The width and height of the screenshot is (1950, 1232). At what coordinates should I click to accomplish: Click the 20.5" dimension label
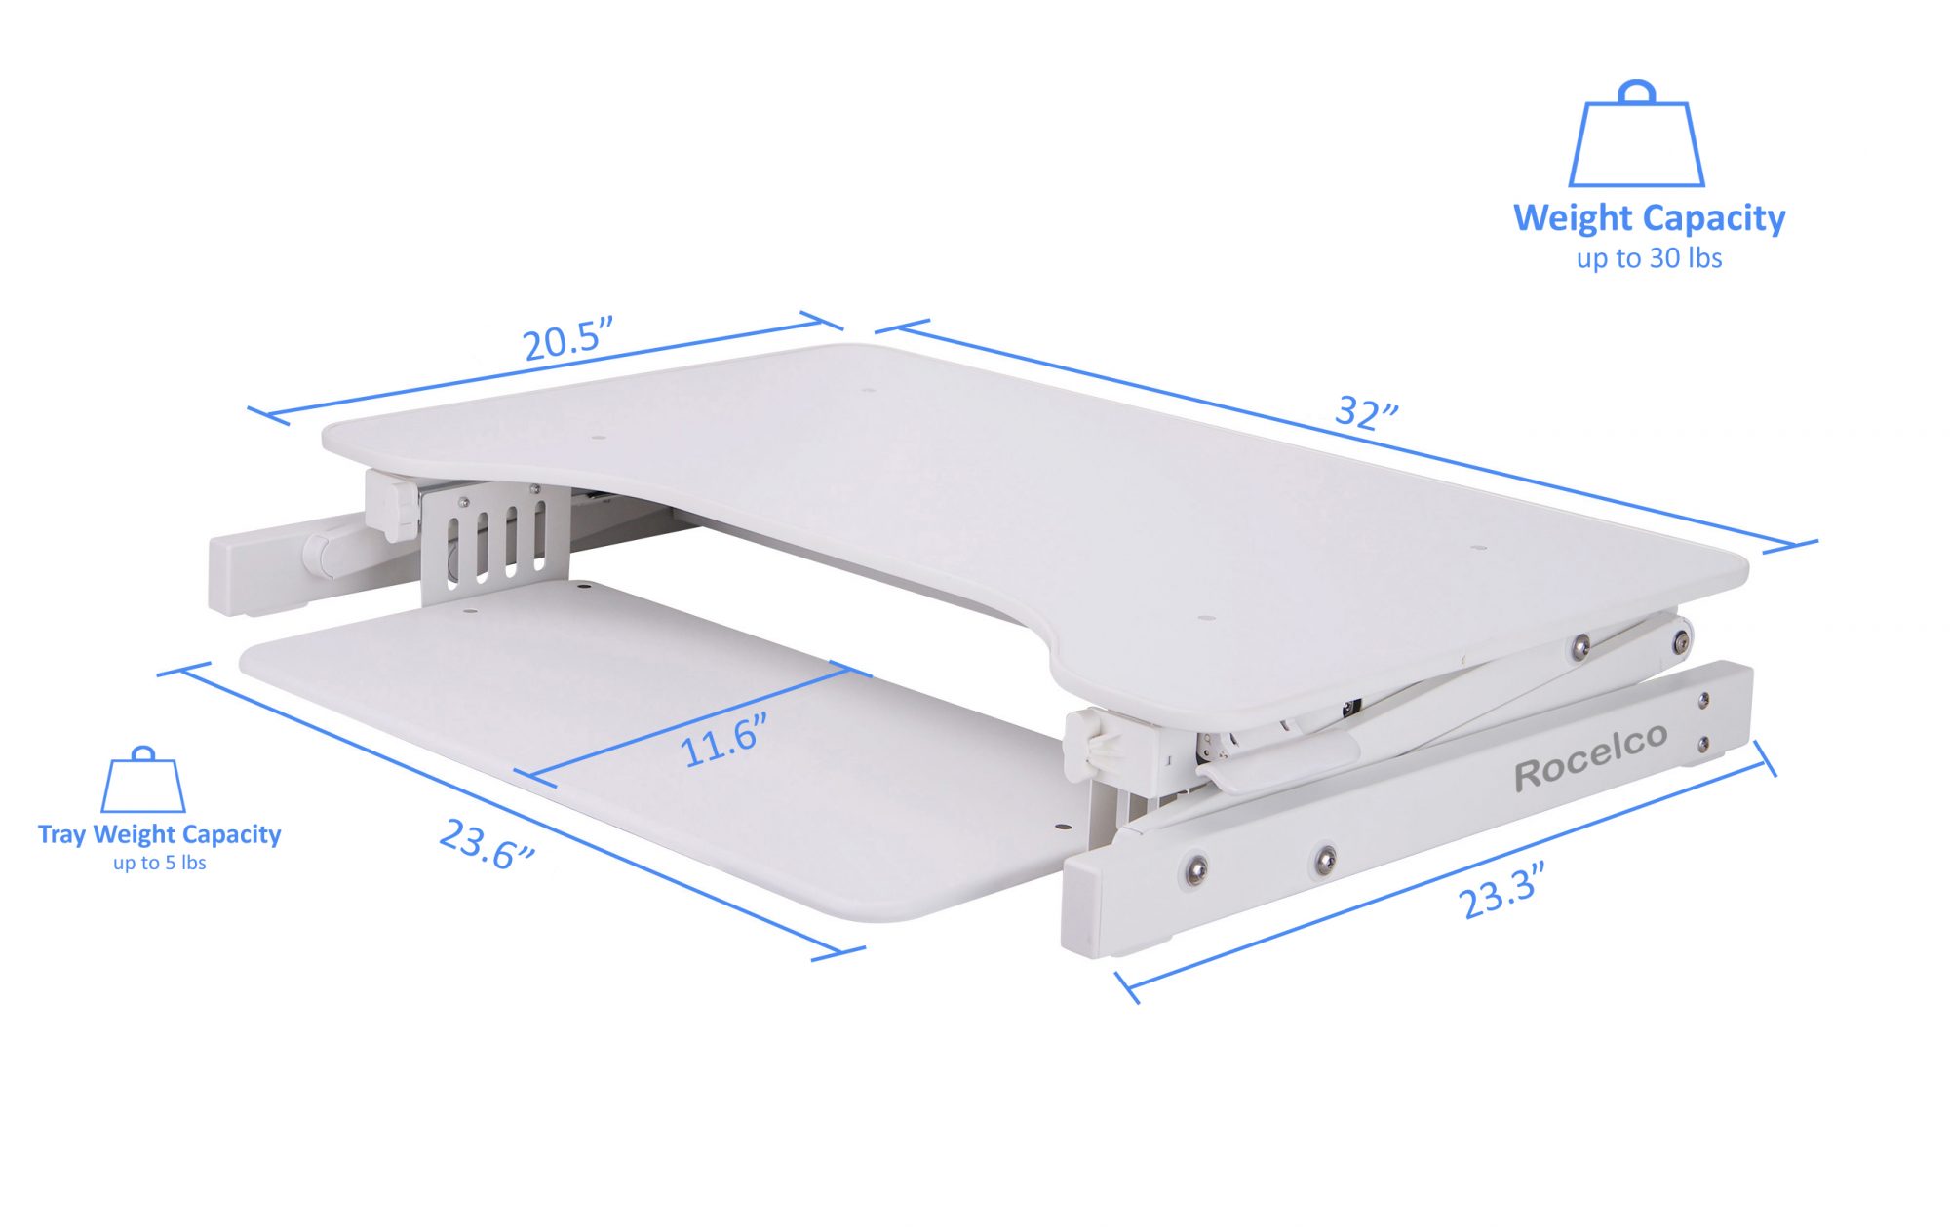coord(567,339)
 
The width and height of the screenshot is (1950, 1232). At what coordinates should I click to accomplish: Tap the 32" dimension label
coord(1366,412)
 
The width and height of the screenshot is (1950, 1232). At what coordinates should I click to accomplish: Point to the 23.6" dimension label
coord(487,844)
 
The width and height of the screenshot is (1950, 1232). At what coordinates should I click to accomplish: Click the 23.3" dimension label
coord(1501,890)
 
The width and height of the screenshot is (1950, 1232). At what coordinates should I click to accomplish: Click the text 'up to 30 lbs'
coord(1649,258)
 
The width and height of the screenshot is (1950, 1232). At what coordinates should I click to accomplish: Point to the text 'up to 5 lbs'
coord(159,863)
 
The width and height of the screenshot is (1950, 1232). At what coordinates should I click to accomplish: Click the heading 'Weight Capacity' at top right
coord(1649,217)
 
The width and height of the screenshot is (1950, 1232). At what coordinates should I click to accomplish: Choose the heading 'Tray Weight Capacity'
coord(159,834)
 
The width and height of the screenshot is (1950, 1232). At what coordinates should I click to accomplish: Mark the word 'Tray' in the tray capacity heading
coord(61,834)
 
